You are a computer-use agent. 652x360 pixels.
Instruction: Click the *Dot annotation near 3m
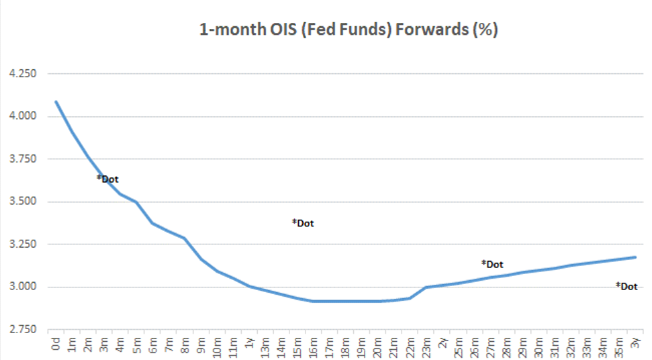click(x=107, y=179)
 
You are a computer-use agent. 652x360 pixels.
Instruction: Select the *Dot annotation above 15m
click(x=303, y=223)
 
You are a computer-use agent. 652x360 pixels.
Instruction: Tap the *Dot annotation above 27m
click(x=492, y=264)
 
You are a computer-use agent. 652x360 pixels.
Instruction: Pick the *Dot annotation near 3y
click(x=626, y=286)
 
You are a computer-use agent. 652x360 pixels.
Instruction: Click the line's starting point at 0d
click(x=56, y=101)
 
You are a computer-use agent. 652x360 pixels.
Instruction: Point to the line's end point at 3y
click(x=635, y=257)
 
